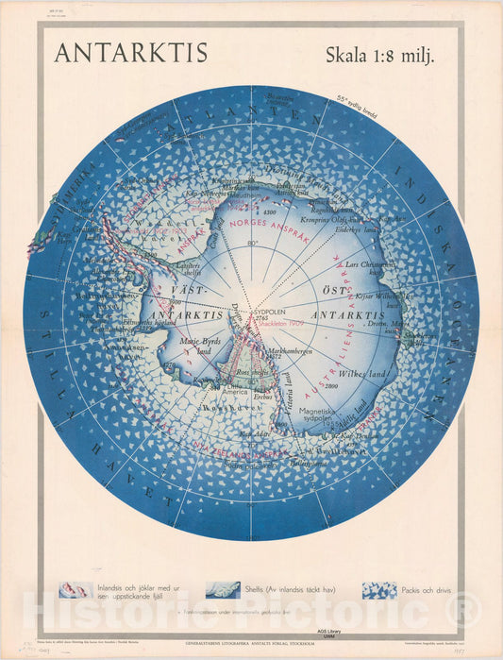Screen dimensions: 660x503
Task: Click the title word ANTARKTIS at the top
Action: (130, 53)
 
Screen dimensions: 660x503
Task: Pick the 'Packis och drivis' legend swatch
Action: (379, 590)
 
